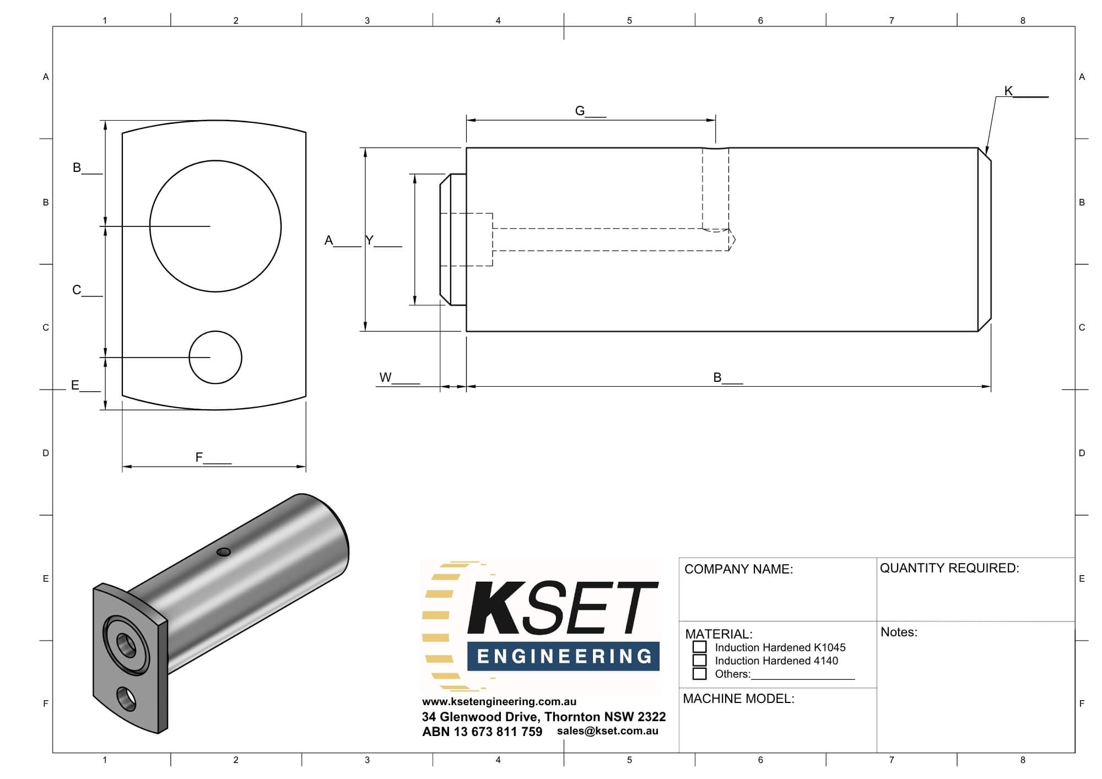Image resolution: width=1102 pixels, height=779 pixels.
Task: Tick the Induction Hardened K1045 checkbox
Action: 699,647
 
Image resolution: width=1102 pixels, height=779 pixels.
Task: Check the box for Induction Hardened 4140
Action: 699,660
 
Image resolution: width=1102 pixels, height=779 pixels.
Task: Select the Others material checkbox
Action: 699,673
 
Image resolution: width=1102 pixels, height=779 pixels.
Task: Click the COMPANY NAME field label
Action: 738,569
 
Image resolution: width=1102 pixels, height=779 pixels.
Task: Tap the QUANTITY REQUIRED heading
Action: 949,568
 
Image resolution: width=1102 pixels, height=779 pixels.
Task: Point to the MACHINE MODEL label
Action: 738,699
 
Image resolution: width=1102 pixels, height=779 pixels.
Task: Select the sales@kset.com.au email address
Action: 607,731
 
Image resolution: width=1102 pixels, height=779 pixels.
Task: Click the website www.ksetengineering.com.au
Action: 499,701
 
